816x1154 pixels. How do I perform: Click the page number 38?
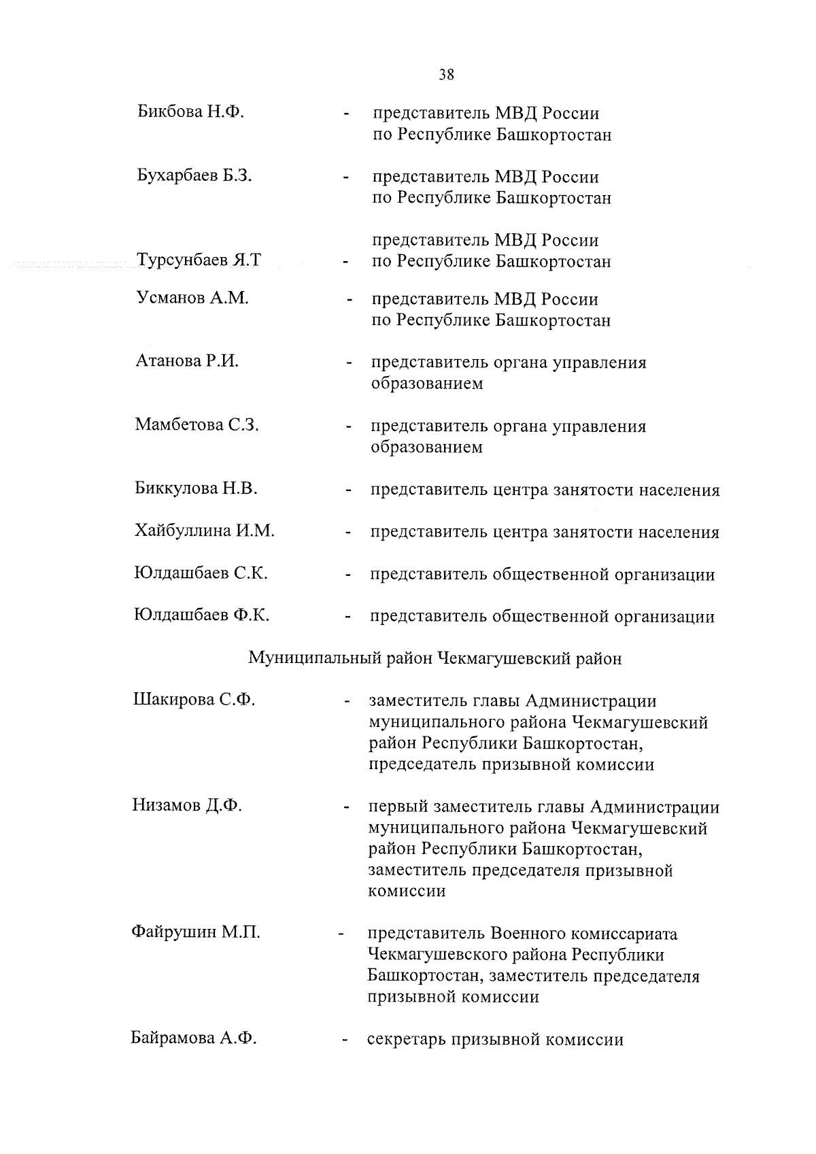pos(446,75)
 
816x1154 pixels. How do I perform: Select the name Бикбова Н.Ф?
pos(190,112)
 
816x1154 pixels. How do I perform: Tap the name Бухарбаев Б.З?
pos(194,175)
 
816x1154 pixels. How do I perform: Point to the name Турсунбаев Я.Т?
pos(199,260)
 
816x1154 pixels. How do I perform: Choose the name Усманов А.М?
pos(192,298)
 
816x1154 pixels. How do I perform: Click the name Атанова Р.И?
pos(187,361)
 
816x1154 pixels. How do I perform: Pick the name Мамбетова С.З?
pos(197,425)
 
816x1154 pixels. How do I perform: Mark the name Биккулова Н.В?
pos(196,488)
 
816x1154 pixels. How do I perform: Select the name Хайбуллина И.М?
pos(204,531)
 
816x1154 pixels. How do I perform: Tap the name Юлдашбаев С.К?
pos(201,573)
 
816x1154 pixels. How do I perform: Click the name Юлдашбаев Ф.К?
pos(201,615)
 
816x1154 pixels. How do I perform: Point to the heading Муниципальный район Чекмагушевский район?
pos(435,658)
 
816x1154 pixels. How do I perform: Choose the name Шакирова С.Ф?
pos(194,699)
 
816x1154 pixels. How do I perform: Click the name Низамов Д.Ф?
pos(187,806)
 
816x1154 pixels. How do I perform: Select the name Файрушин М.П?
pos(195,932)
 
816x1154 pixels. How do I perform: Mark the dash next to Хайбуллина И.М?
pos(348,533)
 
